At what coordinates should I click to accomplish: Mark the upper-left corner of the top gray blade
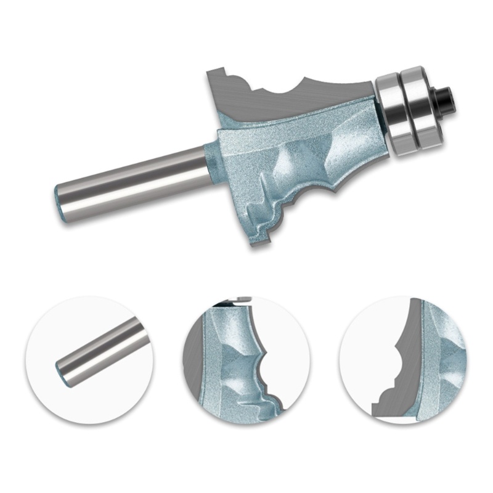point(209,73)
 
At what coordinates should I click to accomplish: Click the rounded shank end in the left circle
point(61,370)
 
